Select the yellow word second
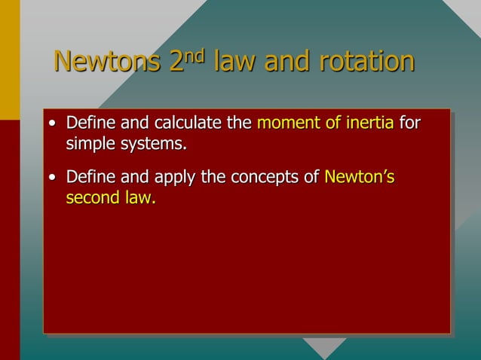(93, 200)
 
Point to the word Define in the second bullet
(89, 178)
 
